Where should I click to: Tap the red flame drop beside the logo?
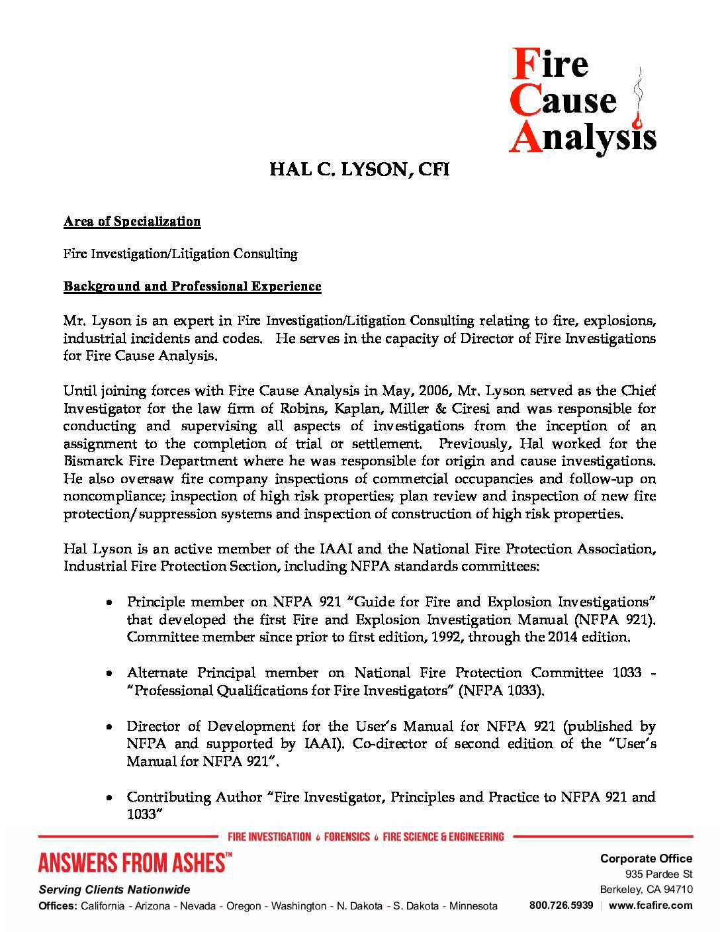coord(638,122)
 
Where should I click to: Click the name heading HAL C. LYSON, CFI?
coord(359,170)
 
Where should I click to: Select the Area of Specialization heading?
coord(132,222)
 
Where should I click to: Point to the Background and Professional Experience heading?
coord(192,287)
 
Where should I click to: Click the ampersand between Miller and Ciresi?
coord(440,408)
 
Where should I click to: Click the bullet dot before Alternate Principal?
coord(109,673)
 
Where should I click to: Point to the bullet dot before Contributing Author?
coord(109,798)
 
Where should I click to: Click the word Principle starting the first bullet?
coord(156,602)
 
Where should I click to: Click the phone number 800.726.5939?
coord(561,905)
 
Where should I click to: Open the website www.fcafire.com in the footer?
coord(651,905)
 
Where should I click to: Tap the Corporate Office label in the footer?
coord(646,859)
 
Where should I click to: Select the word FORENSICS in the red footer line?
coord(347,837)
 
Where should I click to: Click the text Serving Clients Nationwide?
coord(114,890)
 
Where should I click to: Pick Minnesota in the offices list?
coord(473,906)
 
